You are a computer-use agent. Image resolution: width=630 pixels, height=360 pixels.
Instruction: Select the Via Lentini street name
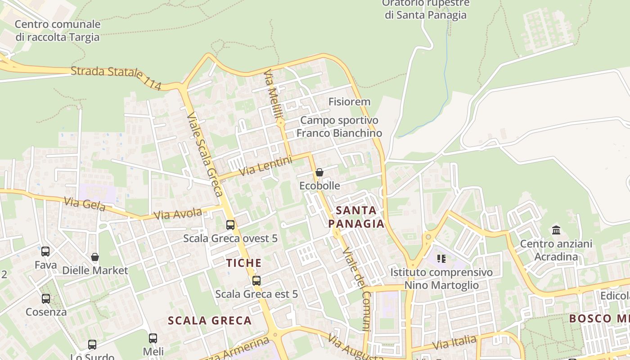point(265,166)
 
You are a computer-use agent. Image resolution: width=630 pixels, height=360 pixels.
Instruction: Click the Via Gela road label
point(84,204)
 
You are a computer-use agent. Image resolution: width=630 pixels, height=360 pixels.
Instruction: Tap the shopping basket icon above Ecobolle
point(319,172)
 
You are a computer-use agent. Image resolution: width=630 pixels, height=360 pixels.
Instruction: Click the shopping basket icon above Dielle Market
point(95,257)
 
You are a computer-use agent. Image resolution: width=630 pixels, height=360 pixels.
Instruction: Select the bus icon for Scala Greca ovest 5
point(230,225)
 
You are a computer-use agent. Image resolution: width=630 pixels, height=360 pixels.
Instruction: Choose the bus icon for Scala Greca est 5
point(256,281)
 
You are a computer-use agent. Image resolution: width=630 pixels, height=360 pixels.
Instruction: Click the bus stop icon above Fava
point(45,252)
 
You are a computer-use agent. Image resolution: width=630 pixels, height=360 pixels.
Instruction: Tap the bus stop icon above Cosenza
point(46,298)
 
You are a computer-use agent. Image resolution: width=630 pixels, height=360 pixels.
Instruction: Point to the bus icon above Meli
point(153,338)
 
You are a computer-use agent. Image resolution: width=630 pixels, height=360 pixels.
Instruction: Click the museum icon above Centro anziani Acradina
point(556,230)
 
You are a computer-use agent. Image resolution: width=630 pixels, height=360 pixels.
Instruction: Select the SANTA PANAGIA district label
point(356,217)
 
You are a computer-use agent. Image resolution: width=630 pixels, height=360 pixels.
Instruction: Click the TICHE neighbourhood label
point(243,263)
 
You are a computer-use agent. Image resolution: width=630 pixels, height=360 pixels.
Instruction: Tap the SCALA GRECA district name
point(209,320)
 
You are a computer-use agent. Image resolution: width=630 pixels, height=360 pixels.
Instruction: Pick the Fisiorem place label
point(349,102)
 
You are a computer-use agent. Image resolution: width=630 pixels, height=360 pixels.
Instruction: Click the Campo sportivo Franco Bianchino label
point(339,126)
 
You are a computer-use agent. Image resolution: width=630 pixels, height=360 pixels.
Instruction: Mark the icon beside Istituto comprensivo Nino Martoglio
point(441,259)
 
